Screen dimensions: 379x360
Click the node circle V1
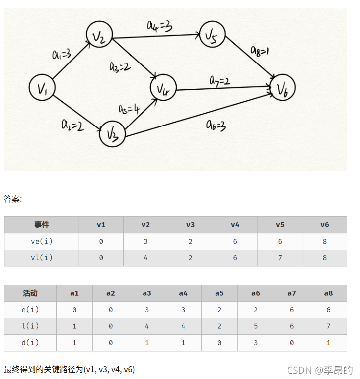pyautogui.click(x=42, y=88)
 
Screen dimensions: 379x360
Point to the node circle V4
pyautogui.click(x=163, y=89)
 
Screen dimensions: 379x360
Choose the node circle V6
pyautogui.click(x=283, y=89)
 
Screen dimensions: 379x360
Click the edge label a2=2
pyautogui.click(x=73, y=125)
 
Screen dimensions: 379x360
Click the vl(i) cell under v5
pyautogui.click(x=280, y=258)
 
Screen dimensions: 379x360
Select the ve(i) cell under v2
pyautogui.click(x=145, y=241)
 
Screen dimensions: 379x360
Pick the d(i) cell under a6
pyautogui.click(x=255, y=343)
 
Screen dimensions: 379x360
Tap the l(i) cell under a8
pyautogui.click(x=328, y=326)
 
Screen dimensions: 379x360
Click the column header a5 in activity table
pyautogui.click(x=219, y=293)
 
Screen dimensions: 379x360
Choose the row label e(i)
pyautogui.click(x=30, y=310)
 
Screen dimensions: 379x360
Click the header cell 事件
pyautogui.click(x=42, y=225)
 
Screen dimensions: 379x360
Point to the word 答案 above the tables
pyautogui.click(x=13, y=199)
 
